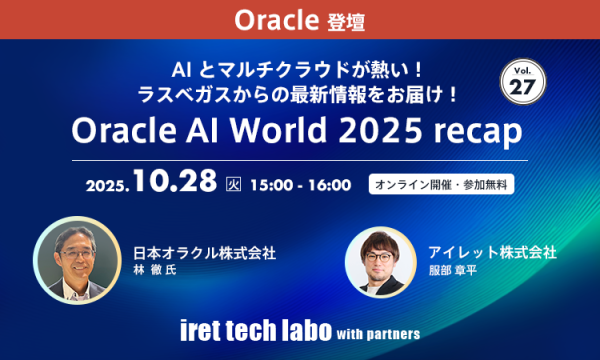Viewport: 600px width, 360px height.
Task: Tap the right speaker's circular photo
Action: point(380,261)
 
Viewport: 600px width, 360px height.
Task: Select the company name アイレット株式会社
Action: point(490,253)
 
